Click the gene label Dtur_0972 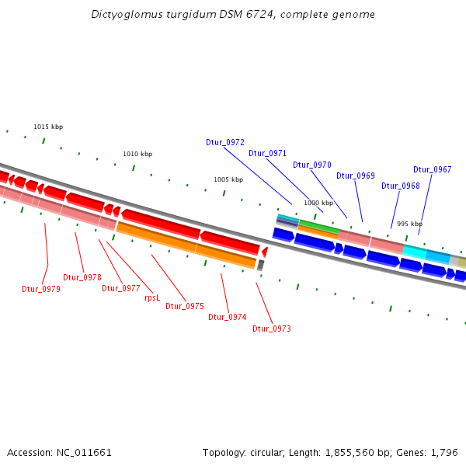coord(225,142)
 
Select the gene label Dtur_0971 coord(267,153)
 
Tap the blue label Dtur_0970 coord(311,165)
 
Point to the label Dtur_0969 coord(355,176)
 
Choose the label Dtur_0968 coord(400,186)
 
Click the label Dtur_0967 coord(432,169)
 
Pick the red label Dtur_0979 coord(41,289)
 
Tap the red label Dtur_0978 coord(82,277)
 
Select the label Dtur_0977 coord(121,288)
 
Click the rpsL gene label coord(152,297)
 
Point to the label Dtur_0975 coord(185,306)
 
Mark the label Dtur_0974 coord(227,317)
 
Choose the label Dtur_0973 coord(272,329)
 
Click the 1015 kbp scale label coord(48,127)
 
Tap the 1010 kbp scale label coord(137,154)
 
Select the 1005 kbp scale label coord(228,179)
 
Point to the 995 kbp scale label coord(409,224)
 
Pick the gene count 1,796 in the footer coord(443,452)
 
